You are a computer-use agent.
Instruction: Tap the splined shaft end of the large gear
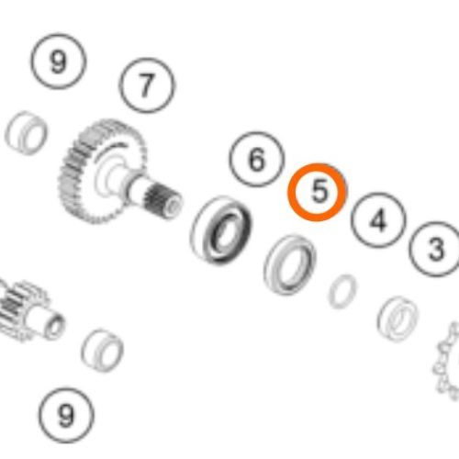[x=163, y=202]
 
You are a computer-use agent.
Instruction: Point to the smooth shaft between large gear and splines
[x=136, y=186]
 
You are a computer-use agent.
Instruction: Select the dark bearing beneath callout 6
[x=221, y=229]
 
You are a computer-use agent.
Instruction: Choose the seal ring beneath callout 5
[x=289, y=265]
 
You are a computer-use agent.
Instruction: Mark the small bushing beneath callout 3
[x=397, y=319]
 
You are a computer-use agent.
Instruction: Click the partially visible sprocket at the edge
[x=447, y=361]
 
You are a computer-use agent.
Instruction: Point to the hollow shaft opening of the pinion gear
[x=55, y=327]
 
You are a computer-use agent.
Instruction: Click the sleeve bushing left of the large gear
[x=26, y=133]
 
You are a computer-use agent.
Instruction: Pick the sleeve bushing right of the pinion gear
[x=103, y=351]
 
